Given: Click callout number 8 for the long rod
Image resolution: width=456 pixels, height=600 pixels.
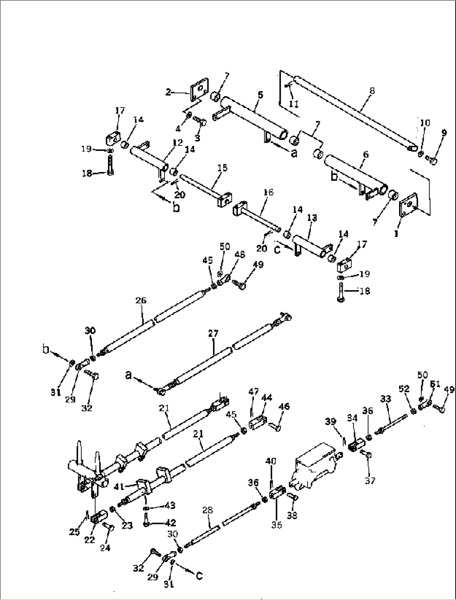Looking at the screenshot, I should coord(372,90).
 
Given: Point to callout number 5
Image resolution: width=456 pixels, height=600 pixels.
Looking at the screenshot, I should coord(260,95).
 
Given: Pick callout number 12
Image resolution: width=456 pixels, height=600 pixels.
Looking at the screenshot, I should coord(178,143).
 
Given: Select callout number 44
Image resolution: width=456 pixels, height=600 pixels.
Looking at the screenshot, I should coord(265,409).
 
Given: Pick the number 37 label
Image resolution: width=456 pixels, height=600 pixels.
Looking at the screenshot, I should coord(370,481).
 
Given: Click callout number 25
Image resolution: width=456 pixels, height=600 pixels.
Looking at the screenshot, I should coord(74,532).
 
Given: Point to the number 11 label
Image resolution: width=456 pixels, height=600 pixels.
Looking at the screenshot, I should coord(294,103).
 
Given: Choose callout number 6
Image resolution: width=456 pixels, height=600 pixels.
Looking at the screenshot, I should coord(365,154).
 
